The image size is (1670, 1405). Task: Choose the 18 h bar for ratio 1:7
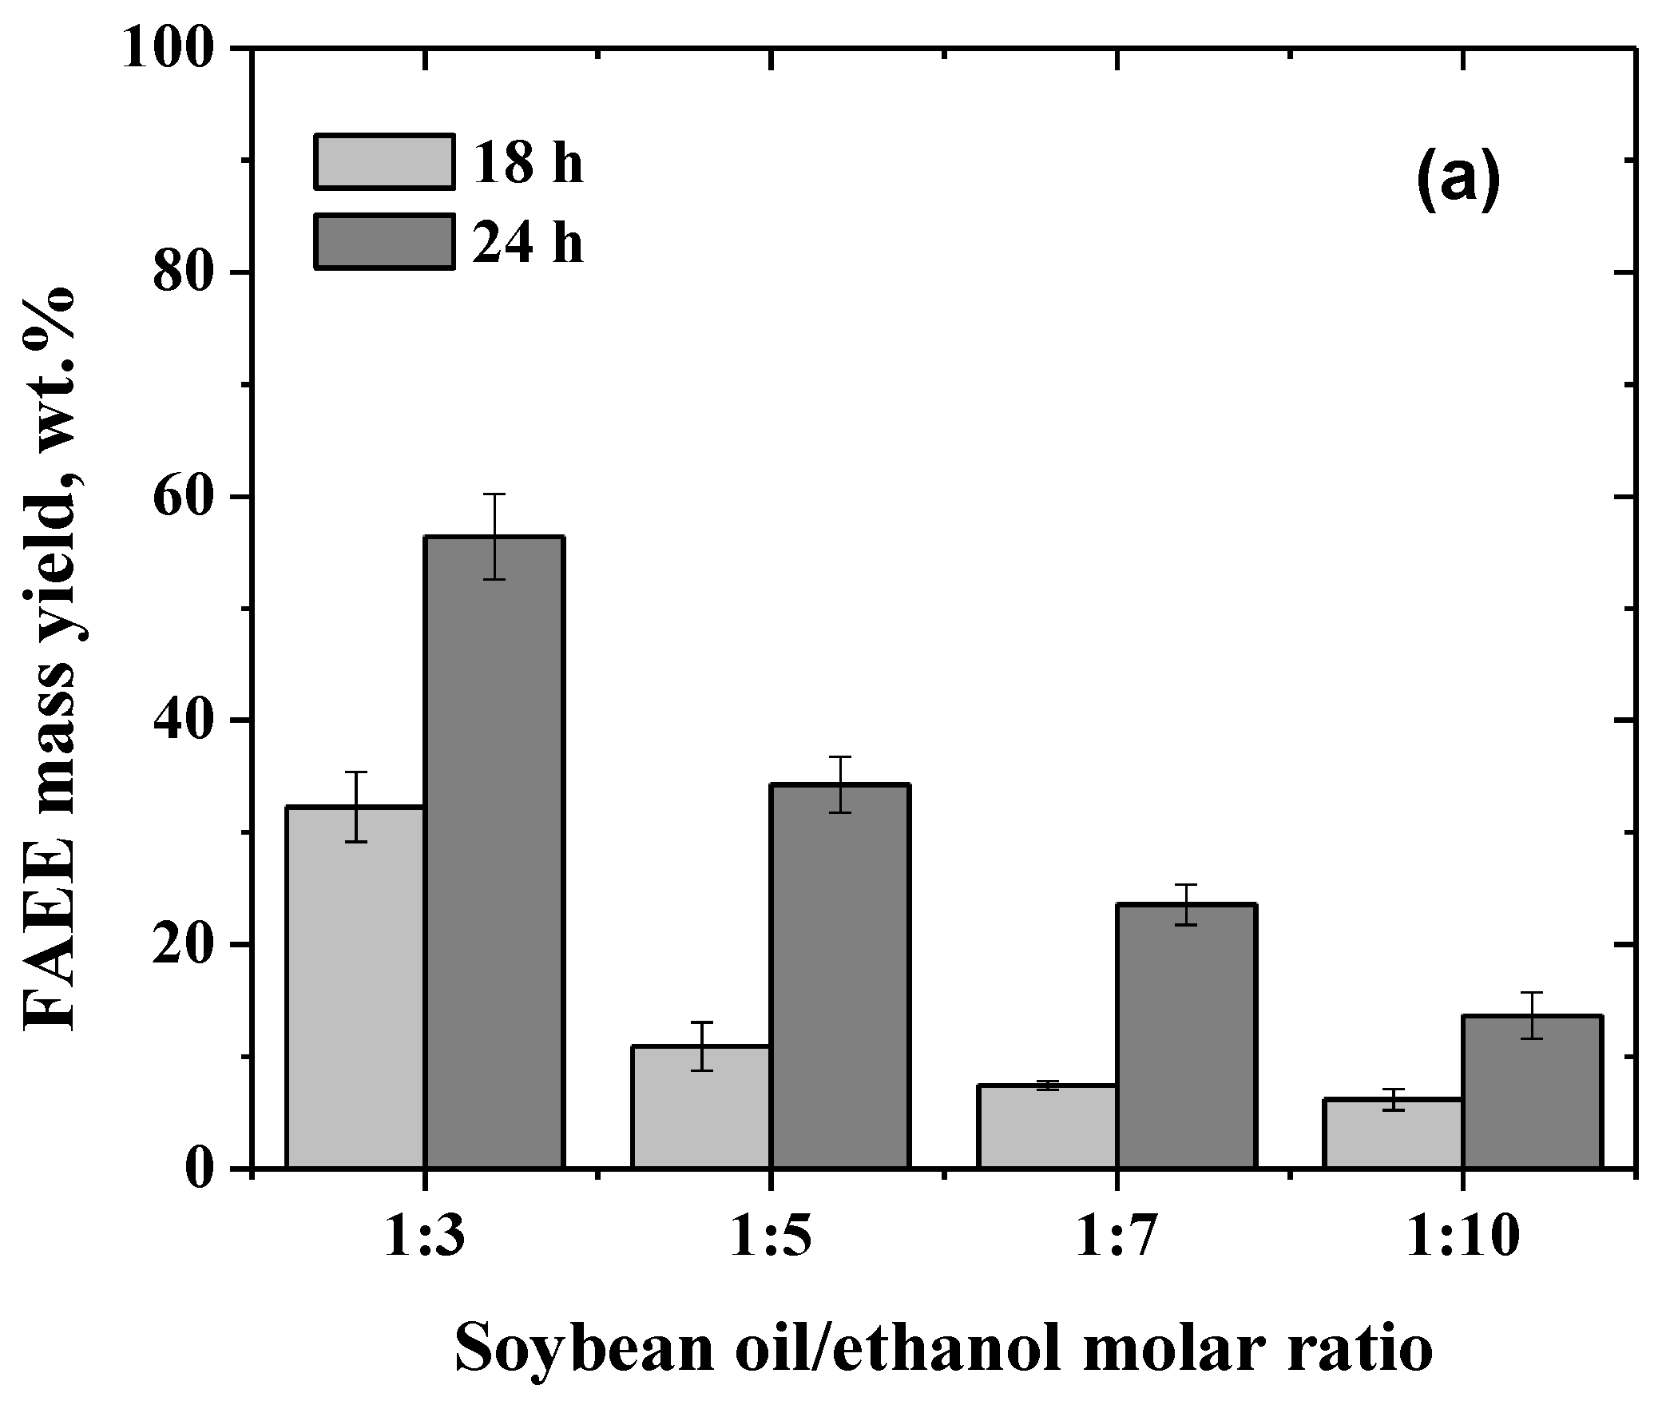pyautogui.click(x=1047, y=1126)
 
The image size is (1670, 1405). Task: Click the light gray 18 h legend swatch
pyautogui.click(x=384, y=162)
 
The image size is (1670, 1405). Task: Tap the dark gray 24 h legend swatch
pyautogui.click(x=384, y=241)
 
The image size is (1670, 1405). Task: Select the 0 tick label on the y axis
pyautogui.click(x=204, y=1169)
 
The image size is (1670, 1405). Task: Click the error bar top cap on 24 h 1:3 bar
pyautogui.click(x=494, y=494)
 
